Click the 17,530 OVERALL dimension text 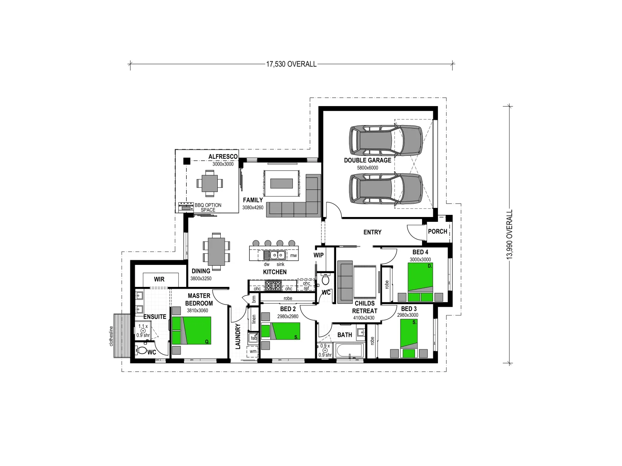pyautogui.click(x=291, y=64)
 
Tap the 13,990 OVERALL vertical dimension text pyautogui.click(x=510, y=234)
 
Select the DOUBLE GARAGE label pyautogui.click(x=368, y=160)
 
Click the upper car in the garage pyautogui.click(x=385, y=140)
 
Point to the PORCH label pyautogui.click(x=438, y=232)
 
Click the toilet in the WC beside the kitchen pyautogui.click(x=326, y=280)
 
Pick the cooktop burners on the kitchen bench pyautogui.click(x=273, y=286)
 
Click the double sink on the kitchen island pyautogui.click(x=276, y=255)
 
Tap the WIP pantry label pyautogui.click(x=318, y=255)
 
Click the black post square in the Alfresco pyautogui.click(x=187, y=161)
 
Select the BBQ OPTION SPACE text pyautogui.click(x=208, y=208)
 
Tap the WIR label pyautogui.click(x=159, y=279)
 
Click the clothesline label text pyautogui.click(x=111, y=336)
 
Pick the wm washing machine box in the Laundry pyautogui.click(x=253, y=351)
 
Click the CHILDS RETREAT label pyautogui.click(x=365, y=307)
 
